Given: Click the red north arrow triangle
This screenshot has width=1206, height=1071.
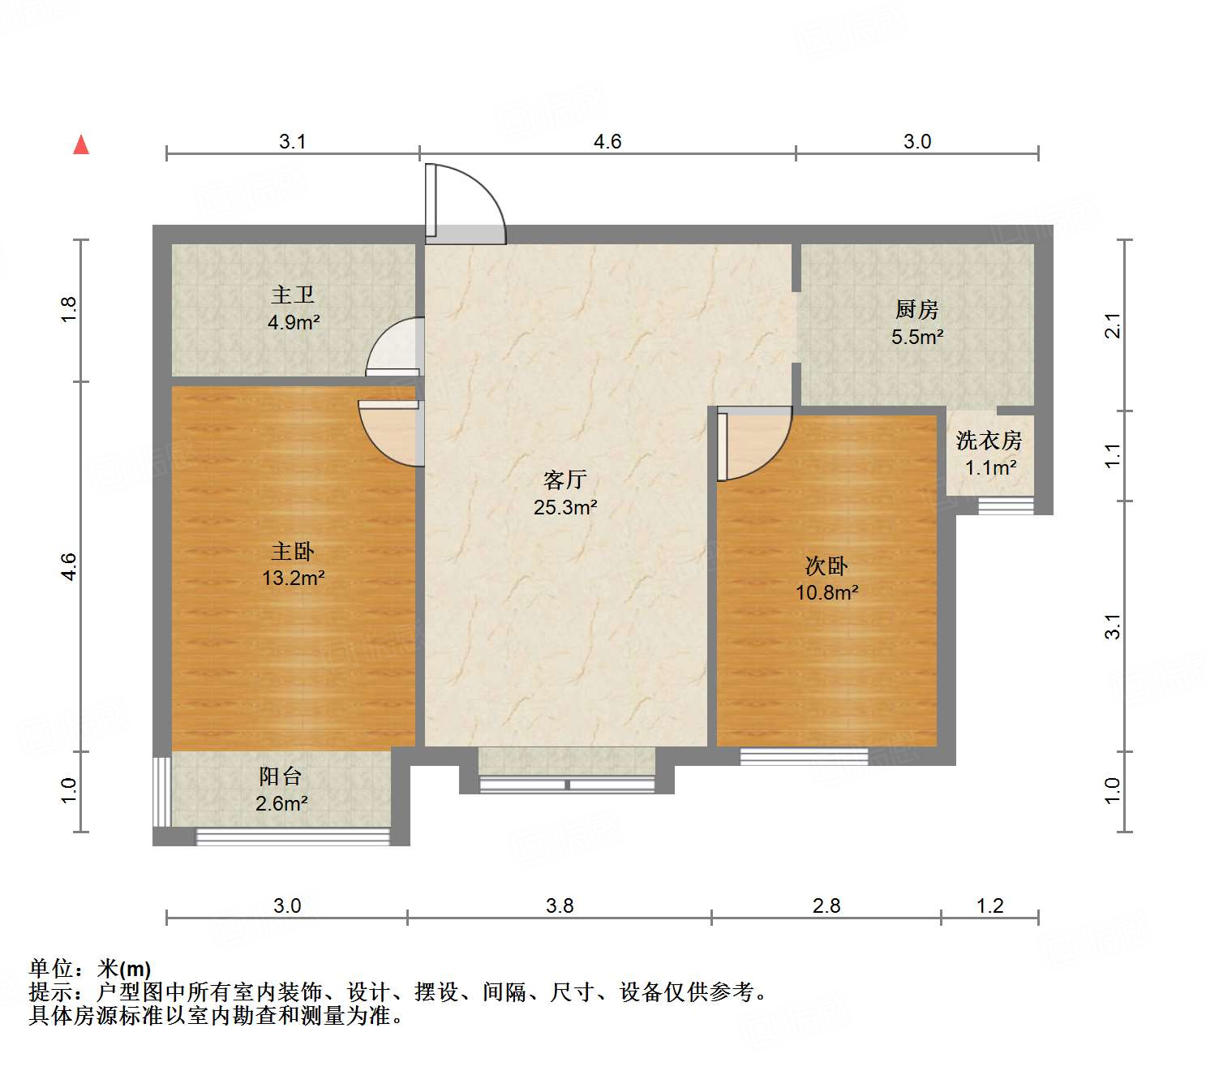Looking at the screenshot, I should tap(81, 144).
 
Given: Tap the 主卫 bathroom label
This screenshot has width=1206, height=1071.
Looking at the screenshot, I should tap(293, 295).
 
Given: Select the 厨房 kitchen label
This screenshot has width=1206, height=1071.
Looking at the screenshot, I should tap(916, 309).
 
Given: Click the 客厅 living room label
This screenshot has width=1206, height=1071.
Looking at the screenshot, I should tap(564, 480).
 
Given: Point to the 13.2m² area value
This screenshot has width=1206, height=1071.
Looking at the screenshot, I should tap(293, 578).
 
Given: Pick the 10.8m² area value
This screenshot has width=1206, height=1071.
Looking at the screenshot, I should tap(826, 592).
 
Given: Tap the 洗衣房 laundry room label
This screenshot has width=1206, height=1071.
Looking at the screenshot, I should tap(989, 441).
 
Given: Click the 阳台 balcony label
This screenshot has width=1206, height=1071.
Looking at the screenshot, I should tap(280, 776).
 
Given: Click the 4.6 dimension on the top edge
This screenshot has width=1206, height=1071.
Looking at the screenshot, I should tap(607, 142).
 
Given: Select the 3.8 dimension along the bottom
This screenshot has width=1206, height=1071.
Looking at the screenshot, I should tap(560, 905).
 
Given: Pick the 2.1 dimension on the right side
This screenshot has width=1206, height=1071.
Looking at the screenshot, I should tap(1114, 325).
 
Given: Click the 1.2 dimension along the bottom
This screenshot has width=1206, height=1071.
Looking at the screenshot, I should tap(990, 905).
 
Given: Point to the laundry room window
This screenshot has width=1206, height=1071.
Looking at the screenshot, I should tap(1006, 505).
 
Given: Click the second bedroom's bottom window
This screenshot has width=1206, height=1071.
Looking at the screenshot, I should tap(804, 756).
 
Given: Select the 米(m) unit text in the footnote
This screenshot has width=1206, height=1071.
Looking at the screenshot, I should tap(124, 969).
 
